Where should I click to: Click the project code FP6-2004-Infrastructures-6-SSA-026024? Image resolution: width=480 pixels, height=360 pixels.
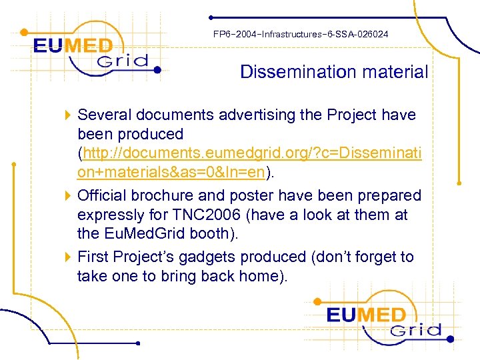tap(301, 34)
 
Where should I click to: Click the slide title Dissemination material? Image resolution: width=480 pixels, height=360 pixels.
tap(334, 72)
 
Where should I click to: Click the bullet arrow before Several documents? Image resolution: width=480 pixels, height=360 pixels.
tap(68, 115)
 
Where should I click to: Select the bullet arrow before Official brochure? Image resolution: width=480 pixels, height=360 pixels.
tap(68, 196)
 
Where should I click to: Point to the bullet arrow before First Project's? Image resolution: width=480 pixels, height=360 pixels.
tap(68, 257)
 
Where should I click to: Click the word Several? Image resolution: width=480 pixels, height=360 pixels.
tap(103, 115)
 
